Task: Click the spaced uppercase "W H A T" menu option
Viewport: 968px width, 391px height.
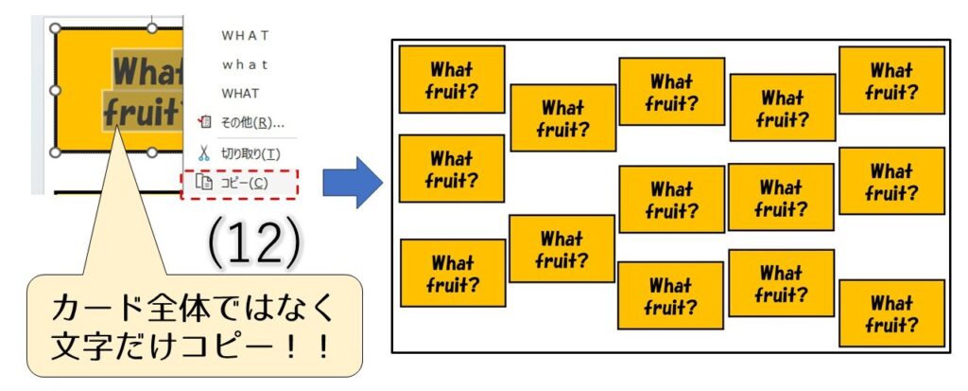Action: [x=245, y=36]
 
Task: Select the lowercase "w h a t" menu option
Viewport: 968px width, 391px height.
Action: [x=245, y=65]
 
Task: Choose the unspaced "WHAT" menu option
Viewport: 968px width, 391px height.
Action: [x=240, y=94]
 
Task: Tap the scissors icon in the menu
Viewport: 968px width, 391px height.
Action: [x=203, y=152]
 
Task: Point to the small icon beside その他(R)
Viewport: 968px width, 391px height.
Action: [x=203, y=122]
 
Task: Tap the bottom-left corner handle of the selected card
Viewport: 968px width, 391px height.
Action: [x=55, y=151]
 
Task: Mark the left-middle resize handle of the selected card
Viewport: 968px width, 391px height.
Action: [x=55, y=90]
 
